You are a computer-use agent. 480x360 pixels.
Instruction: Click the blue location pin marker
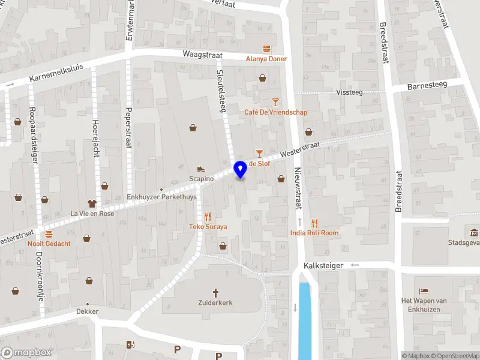[240, 170]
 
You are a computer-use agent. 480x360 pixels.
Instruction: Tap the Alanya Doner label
[266, 59]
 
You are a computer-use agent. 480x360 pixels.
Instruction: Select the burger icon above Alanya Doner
[266, 48]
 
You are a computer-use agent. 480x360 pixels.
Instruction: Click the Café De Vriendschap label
[275, 112]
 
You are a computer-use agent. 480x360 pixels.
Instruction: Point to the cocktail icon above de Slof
[259, 154]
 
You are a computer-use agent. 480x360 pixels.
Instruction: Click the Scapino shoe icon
[201, 169]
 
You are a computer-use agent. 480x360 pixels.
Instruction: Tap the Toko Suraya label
[208, 227]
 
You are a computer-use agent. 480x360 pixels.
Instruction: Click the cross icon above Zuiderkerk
[215, 292]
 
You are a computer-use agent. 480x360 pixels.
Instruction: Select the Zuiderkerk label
[215, 303]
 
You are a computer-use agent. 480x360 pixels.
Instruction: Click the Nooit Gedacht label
[49, 244]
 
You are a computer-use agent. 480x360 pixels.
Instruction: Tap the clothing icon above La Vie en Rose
[92, 203]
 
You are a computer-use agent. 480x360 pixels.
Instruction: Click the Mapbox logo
[26, 353]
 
